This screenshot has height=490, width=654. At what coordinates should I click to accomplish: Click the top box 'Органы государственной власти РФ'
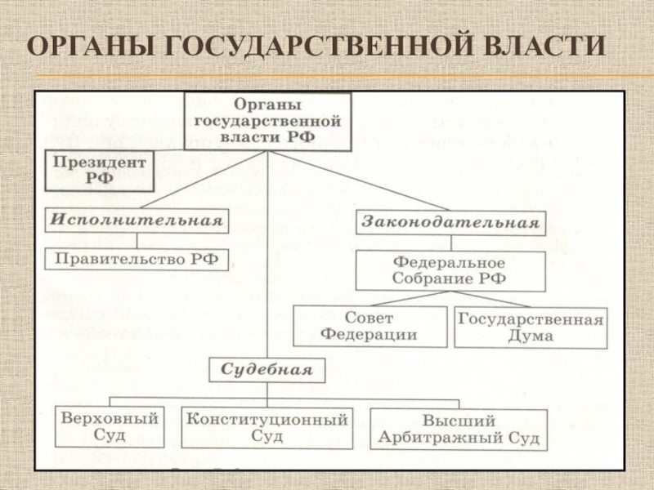pyautogui.click(x=268, y=121)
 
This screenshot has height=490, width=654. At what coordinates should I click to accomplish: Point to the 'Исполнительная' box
pyautogui.click(x=137, y=220)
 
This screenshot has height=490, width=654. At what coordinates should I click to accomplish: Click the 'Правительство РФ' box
pyautogui.click(x=137, y=261)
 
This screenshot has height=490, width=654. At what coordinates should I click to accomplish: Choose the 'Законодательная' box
pyautogui.click(x=450, y=222)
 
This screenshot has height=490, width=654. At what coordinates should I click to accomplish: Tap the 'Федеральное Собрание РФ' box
pyautogui.click(x=450, y=271)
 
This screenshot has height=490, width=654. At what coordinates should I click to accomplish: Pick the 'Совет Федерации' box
pyautogui.click(x=370, y=326)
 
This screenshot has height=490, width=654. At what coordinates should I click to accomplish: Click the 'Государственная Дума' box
pyautogui.click(x=531, y=327)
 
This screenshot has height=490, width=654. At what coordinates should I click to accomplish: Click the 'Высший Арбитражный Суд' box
pyautogui.click(x=459, y=430)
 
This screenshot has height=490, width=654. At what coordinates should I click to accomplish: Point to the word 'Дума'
pyautogui.click(x=531, y=336)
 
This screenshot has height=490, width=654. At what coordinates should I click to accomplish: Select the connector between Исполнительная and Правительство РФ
pyautogui.click(x=137, y=240)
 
